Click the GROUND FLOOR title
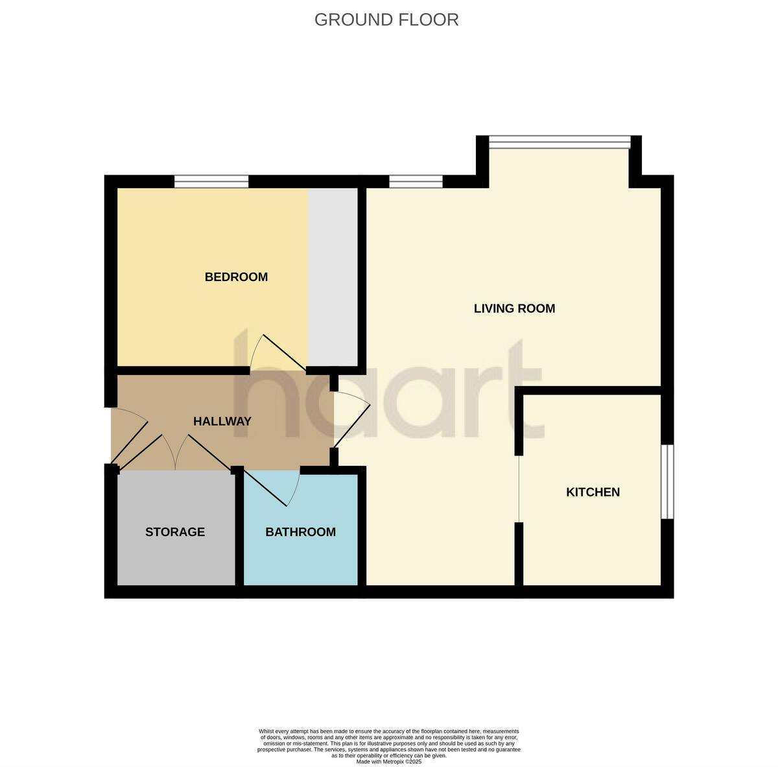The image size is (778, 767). tap(386, 20)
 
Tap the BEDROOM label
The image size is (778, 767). tap(236, 277)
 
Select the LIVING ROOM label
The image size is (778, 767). tap(514, 308)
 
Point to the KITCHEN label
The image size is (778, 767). tap(593, 492)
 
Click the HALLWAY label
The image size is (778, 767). tap(222, 421)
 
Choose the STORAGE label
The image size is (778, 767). tap(175, 532)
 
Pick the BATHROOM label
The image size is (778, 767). tap(300, 532)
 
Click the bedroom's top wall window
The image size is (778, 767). tap(211, 182)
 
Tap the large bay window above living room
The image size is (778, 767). tap(559, 142)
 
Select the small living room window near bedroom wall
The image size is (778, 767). tap(416, 182)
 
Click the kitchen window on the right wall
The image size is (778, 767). tap(667, 481)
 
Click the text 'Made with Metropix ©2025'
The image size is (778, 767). tap(389, 762)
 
